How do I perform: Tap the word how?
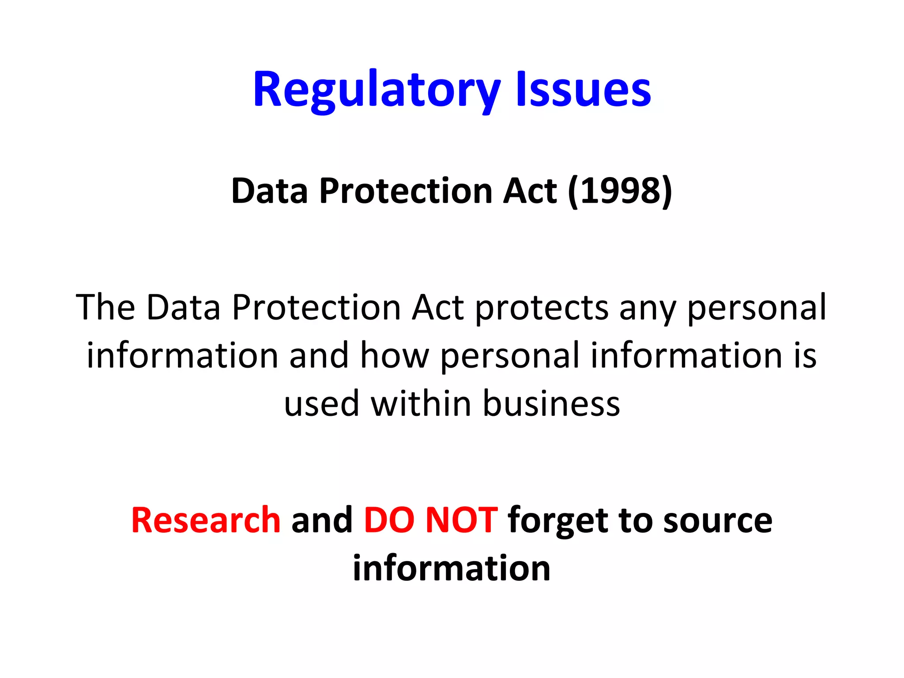(395, 355)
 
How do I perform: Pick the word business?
(551, 403)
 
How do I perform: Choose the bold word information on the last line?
(452, 568)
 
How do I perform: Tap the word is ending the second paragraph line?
(805, 355)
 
